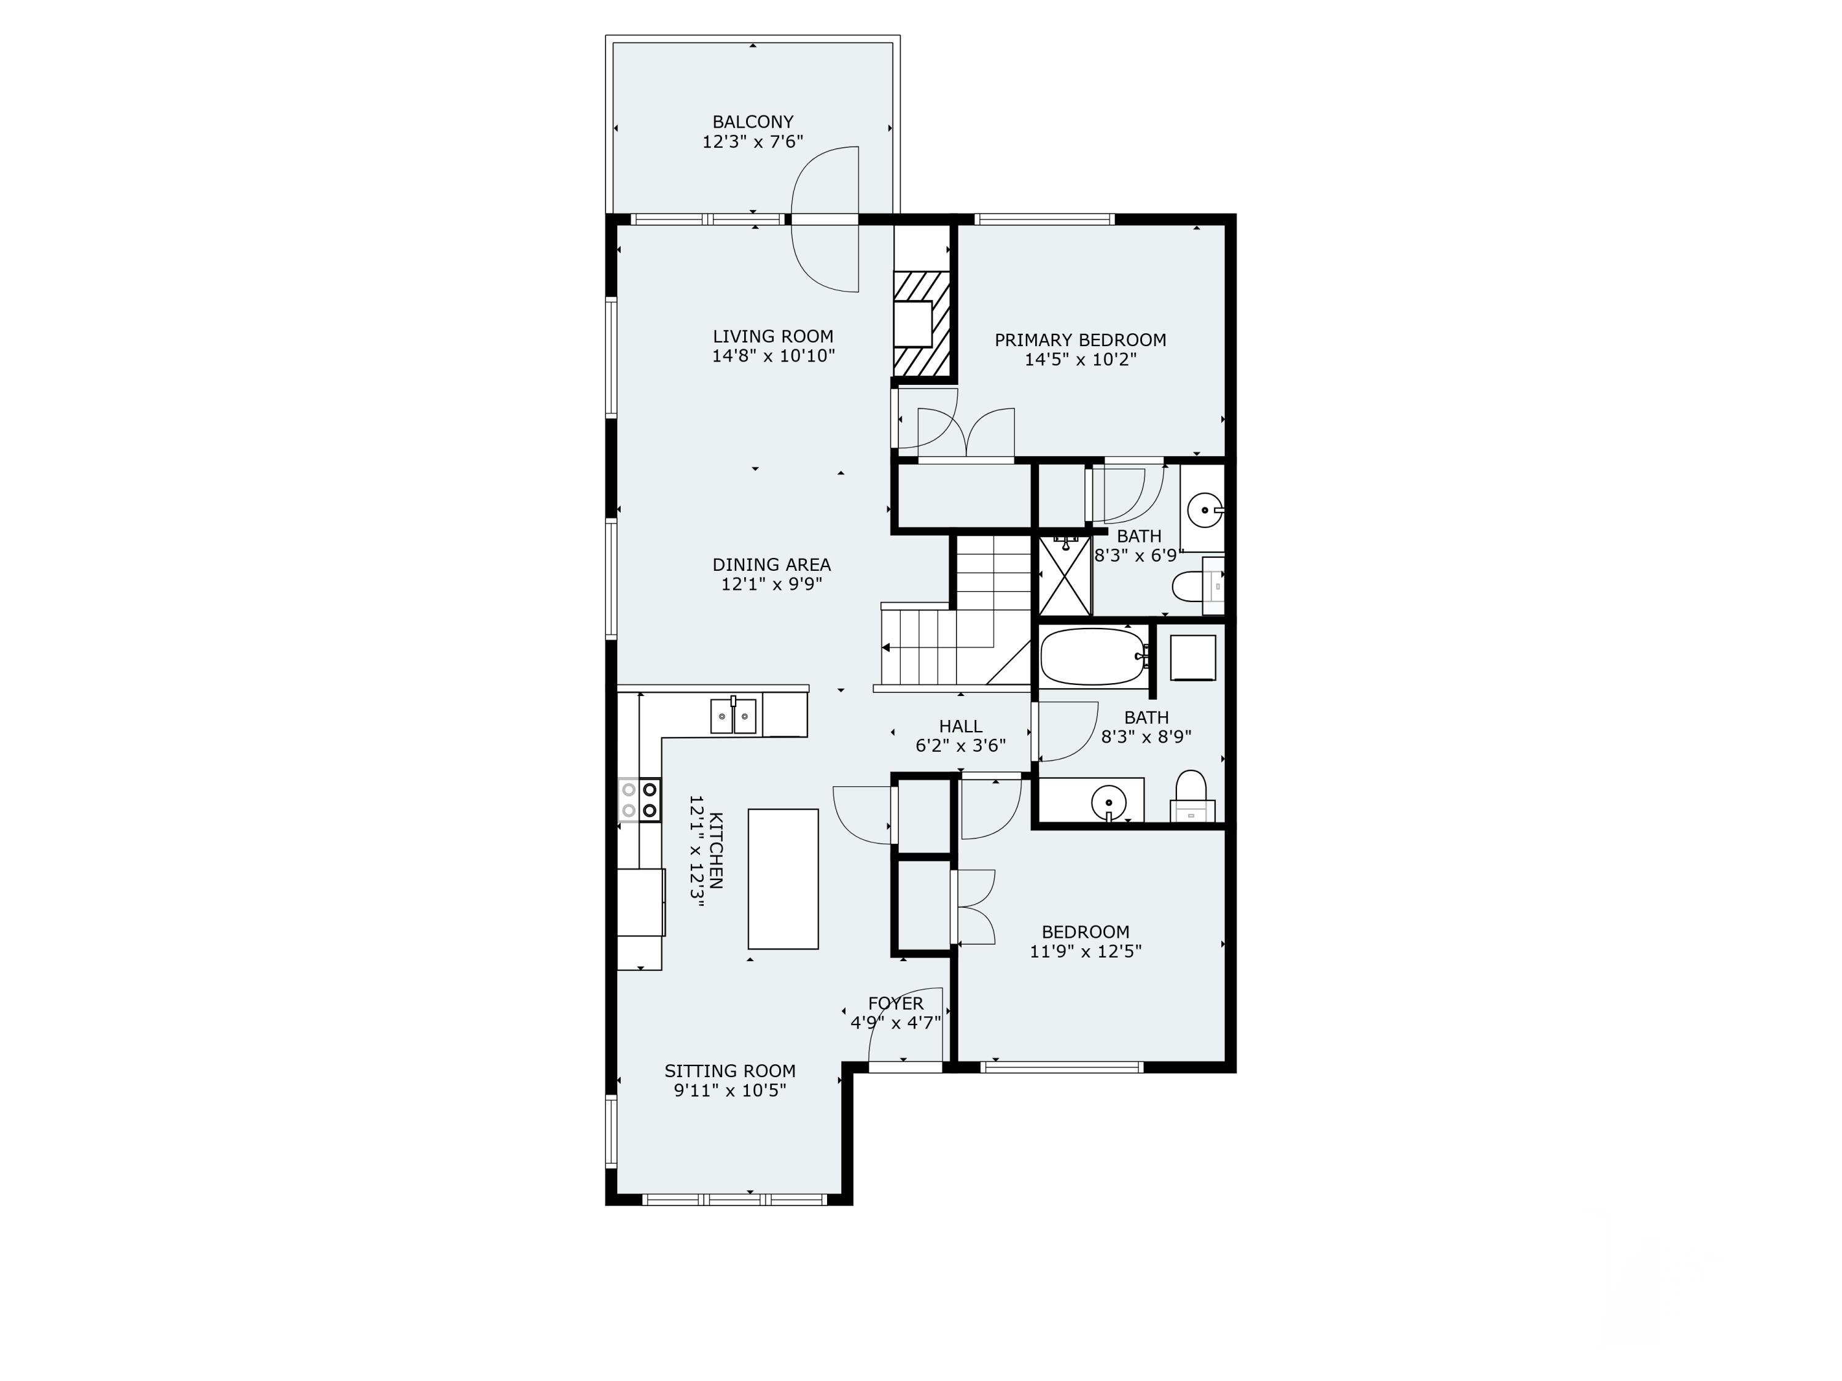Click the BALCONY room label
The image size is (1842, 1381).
coord(753,122)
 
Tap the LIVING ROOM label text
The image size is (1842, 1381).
coord(773,336)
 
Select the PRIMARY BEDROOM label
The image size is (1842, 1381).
coord(1080,339)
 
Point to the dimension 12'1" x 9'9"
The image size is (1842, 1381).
coord(772,584)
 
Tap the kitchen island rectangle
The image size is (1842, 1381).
coord(783,879)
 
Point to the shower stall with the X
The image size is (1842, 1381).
coord(1065,576)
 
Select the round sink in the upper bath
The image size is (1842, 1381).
coord(1204,510)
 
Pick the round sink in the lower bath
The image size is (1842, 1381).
coord(1108,803)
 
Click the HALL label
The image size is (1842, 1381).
coord(960,726)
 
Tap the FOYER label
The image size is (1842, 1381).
coord(896,1003)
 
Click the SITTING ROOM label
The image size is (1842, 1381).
coord(729,1070)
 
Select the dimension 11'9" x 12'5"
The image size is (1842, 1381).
coord(1085,951)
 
